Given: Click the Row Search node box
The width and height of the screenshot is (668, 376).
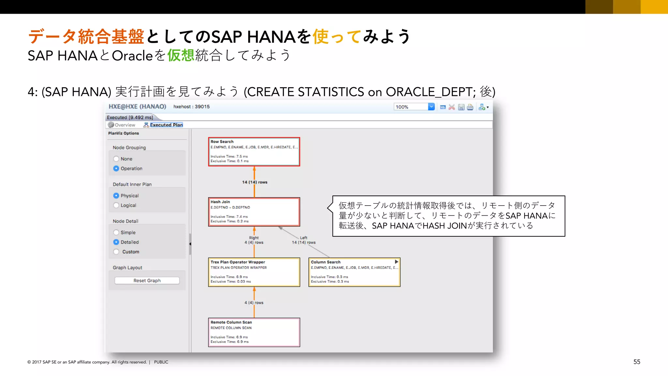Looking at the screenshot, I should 254,152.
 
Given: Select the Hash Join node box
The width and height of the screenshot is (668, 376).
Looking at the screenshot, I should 254,212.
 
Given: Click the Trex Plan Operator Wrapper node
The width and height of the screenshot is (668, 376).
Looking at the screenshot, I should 254,272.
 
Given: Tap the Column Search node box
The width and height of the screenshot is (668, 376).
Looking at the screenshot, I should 354,272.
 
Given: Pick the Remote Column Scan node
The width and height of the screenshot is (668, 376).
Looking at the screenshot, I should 254,332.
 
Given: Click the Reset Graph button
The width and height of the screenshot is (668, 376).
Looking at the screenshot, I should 147,281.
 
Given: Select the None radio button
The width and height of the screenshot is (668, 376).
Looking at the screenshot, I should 116,159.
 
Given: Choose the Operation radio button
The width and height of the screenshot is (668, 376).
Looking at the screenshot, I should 116,168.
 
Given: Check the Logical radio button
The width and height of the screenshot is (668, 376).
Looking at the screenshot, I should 116,205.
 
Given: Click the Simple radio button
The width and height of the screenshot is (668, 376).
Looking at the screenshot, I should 116,232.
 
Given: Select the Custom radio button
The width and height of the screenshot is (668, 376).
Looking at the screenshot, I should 116,252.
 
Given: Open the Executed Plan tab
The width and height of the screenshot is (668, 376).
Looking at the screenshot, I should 166,125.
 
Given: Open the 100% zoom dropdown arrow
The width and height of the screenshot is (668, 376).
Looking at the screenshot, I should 431,107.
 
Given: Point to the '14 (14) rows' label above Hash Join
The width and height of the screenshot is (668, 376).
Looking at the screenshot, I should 254,182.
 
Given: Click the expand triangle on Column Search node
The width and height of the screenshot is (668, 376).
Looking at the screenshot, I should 396,262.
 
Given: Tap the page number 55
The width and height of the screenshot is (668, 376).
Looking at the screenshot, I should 637,362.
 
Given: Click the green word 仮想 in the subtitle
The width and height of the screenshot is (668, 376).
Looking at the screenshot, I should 181,55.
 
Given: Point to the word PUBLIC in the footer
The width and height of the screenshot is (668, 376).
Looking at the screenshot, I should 161,362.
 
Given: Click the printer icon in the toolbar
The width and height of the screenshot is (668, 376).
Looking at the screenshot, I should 470,107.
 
